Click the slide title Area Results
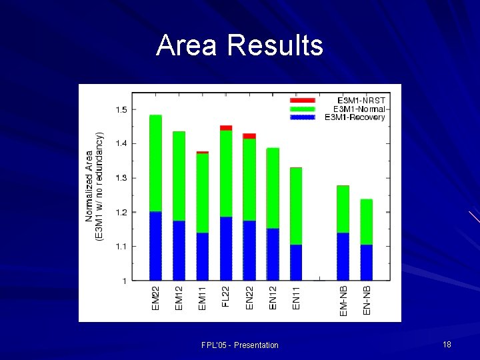239,46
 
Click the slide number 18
447,344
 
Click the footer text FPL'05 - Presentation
240,345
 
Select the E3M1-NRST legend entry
360,100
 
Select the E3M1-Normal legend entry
359,109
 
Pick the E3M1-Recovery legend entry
355,117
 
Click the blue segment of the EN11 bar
296,262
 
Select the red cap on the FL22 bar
226,127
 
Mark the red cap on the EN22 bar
249,136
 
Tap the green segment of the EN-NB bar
367,222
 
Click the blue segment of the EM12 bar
179,250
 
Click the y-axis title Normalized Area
89,186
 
